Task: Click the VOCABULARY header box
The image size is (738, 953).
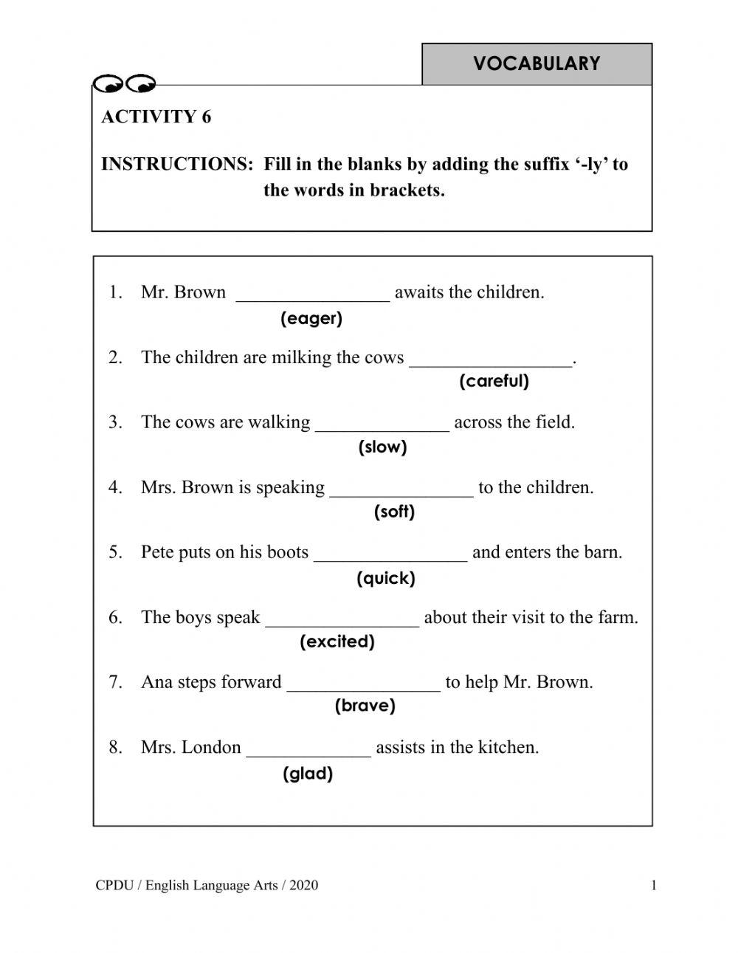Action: pyautogui.click(x=537, y=64)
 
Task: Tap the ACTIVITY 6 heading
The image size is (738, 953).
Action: pyautogui.click(x=156, y=117)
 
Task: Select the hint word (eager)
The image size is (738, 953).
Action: pyautogui.click(x=311, y=319)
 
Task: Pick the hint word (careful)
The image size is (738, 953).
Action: pyautogui.click(x=494, y=382)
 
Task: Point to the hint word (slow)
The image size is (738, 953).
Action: pyautogui.click(x=382, y=447)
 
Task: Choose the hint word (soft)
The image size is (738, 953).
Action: pyautogui.click(x=394, y=512)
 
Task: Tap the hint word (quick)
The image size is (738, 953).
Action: pyautogui.click(x=386, y=578)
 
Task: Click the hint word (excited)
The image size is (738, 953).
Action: pyautogui.click(x=337, y=642)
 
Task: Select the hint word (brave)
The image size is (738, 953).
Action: pyautogui.click(x=365, y=706)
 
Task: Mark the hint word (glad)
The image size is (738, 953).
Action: pyautogui.click(x=308, y=774)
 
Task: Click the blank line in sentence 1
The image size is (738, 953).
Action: pyautogui.click(x=313, y=295)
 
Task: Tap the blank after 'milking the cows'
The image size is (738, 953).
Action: pyautogui.click(x=491, y=360)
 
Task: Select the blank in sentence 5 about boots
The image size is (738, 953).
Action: pyautogui.click(x=390, y=555)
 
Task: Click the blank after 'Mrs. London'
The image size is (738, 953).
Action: pyautogui.click(x=308, y=750)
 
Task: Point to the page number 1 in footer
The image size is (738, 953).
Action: pyautogui.click(x=654, y=886)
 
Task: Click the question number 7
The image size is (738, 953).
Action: pyautogui.click(x=115, y=682)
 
